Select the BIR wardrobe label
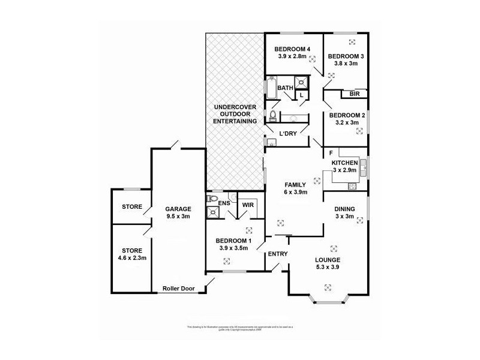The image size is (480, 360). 354,94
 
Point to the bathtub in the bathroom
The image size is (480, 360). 271,88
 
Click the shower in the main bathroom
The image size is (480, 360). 302,83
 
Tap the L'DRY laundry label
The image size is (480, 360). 289,133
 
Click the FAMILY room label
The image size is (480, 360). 295,184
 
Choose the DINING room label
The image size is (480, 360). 345,209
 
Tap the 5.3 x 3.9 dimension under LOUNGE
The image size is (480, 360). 328,268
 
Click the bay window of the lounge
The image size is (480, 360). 328,298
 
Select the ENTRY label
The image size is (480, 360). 278,254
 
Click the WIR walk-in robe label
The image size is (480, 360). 248,205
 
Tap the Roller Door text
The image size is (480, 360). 177,288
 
